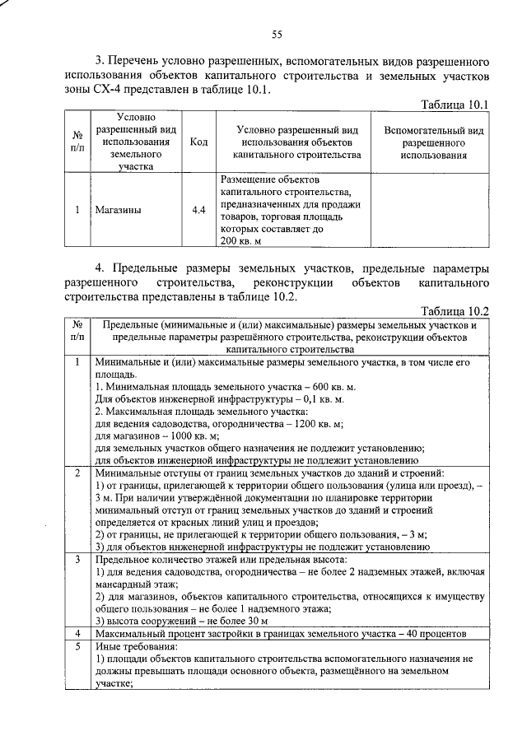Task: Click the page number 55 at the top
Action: pyautogui.click(x=277, y=34)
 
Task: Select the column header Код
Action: pyautogui.click(x=198, y=142)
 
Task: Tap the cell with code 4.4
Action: pyautogui.click(x=198, y=211)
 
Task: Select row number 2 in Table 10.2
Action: pyautogui.click(x=77, y=473)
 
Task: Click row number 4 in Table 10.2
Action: pyautogui.click(x=77, y=634)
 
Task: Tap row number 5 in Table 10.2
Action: pyautogui.click(x=77, y=646)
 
